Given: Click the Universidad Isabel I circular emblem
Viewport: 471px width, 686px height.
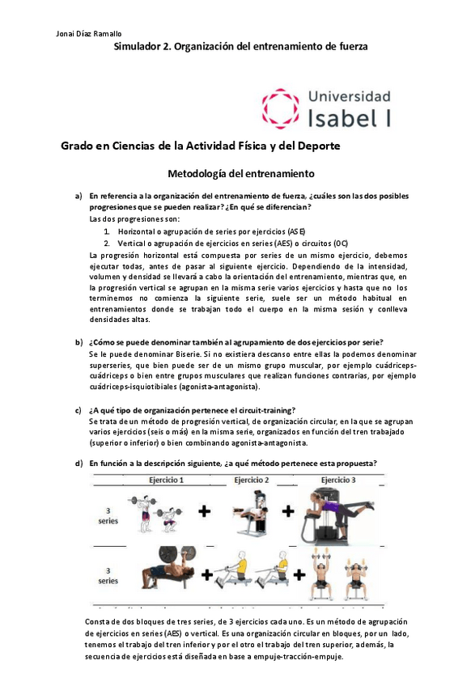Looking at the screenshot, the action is [281, 108].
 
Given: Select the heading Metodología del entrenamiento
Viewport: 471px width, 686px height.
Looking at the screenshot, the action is [240, 173].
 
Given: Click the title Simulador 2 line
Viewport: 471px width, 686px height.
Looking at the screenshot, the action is [240, 47].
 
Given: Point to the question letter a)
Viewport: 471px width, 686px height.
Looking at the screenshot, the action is [79, 196].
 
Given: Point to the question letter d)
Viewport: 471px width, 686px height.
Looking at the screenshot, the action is [79, 463].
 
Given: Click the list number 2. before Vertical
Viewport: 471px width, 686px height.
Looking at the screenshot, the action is [107, 243].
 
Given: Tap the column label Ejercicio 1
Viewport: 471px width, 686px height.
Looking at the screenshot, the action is [166, 480].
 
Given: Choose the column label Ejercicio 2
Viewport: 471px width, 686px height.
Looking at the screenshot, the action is [251, 480].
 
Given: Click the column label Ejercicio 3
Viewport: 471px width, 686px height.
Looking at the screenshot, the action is [340, 480].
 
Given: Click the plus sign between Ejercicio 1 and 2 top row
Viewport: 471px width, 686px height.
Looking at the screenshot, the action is [205, 511].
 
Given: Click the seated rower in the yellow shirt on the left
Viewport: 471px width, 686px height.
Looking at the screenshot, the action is [231, 573].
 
